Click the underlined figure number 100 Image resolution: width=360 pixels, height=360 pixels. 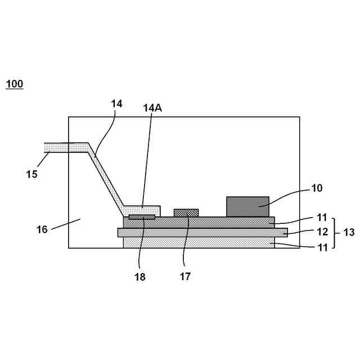point(15,84)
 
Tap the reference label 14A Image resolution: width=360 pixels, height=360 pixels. point(152,108)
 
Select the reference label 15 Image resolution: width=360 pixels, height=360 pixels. point(31,174)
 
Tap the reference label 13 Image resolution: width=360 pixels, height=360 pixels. point(348,232)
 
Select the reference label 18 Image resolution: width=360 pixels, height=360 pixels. point(140,276)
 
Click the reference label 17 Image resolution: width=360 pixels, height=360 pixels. point(185,276)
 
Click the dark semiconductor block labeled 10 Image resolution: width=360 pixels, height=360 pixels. point(247,206)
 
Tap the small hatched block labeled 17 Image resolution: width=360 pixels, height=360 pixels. point(186,213)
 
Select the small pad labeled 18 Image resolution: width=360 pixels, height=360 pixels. point(142,217)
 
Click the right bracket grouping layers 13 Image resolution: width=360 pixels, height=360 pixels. point(334,232)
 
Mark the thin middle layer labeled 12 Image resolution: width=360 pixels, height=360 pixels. point(202,232)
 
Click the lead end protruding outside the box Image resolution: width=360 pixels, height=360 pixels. point(56,147)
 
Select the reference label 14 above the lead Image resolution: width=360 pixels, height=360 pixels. point(116,103)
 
